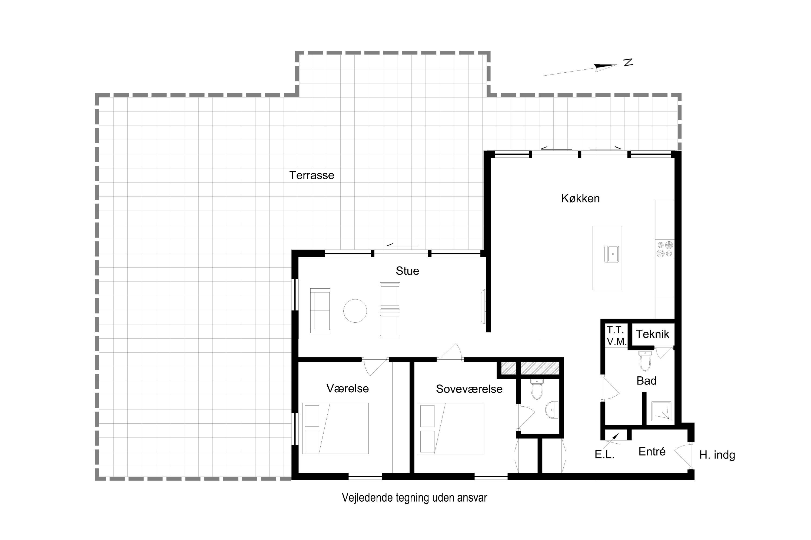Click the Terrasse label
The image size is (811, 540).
click(312, 175)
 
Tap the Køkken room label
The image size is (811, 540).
click(580, 198)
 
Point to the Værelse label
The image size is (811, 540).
click(348, 389)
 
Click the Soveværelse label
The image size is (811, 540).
click(469, 389)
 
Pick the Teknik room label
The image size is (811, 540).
click(652, 334)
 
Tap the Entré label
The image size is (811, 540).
click(652, 451)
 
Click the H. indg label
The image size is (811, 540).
click(717, 455)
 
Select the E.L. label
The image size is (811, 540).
click(604, 455)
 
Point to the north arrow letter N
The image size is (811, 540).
click(628, 62)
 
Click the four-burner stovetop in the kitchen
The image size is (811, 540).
click(665, 249)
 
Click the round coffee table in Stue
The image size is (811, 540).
click(355, 311)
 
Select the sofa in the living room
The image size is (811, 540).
click(320, 311)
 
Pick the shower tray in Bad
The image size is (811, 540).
click(661, 411)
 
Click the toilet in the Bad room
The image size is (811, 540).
click(645, 360)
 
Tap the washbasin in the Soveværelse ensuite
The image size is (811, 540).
click(552, 410)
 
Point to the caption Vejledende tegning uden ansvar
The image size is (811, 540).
click(414, 498)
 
